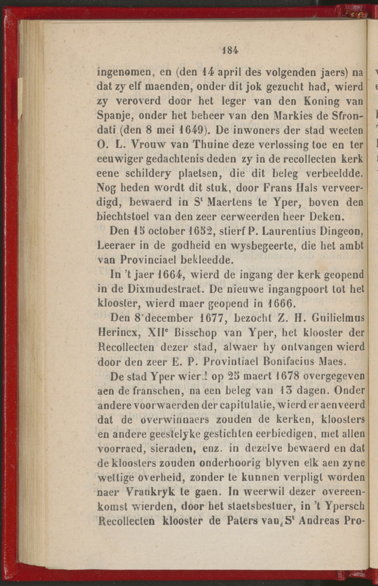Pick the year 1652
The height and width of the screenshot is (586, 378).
pos(199,231)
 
